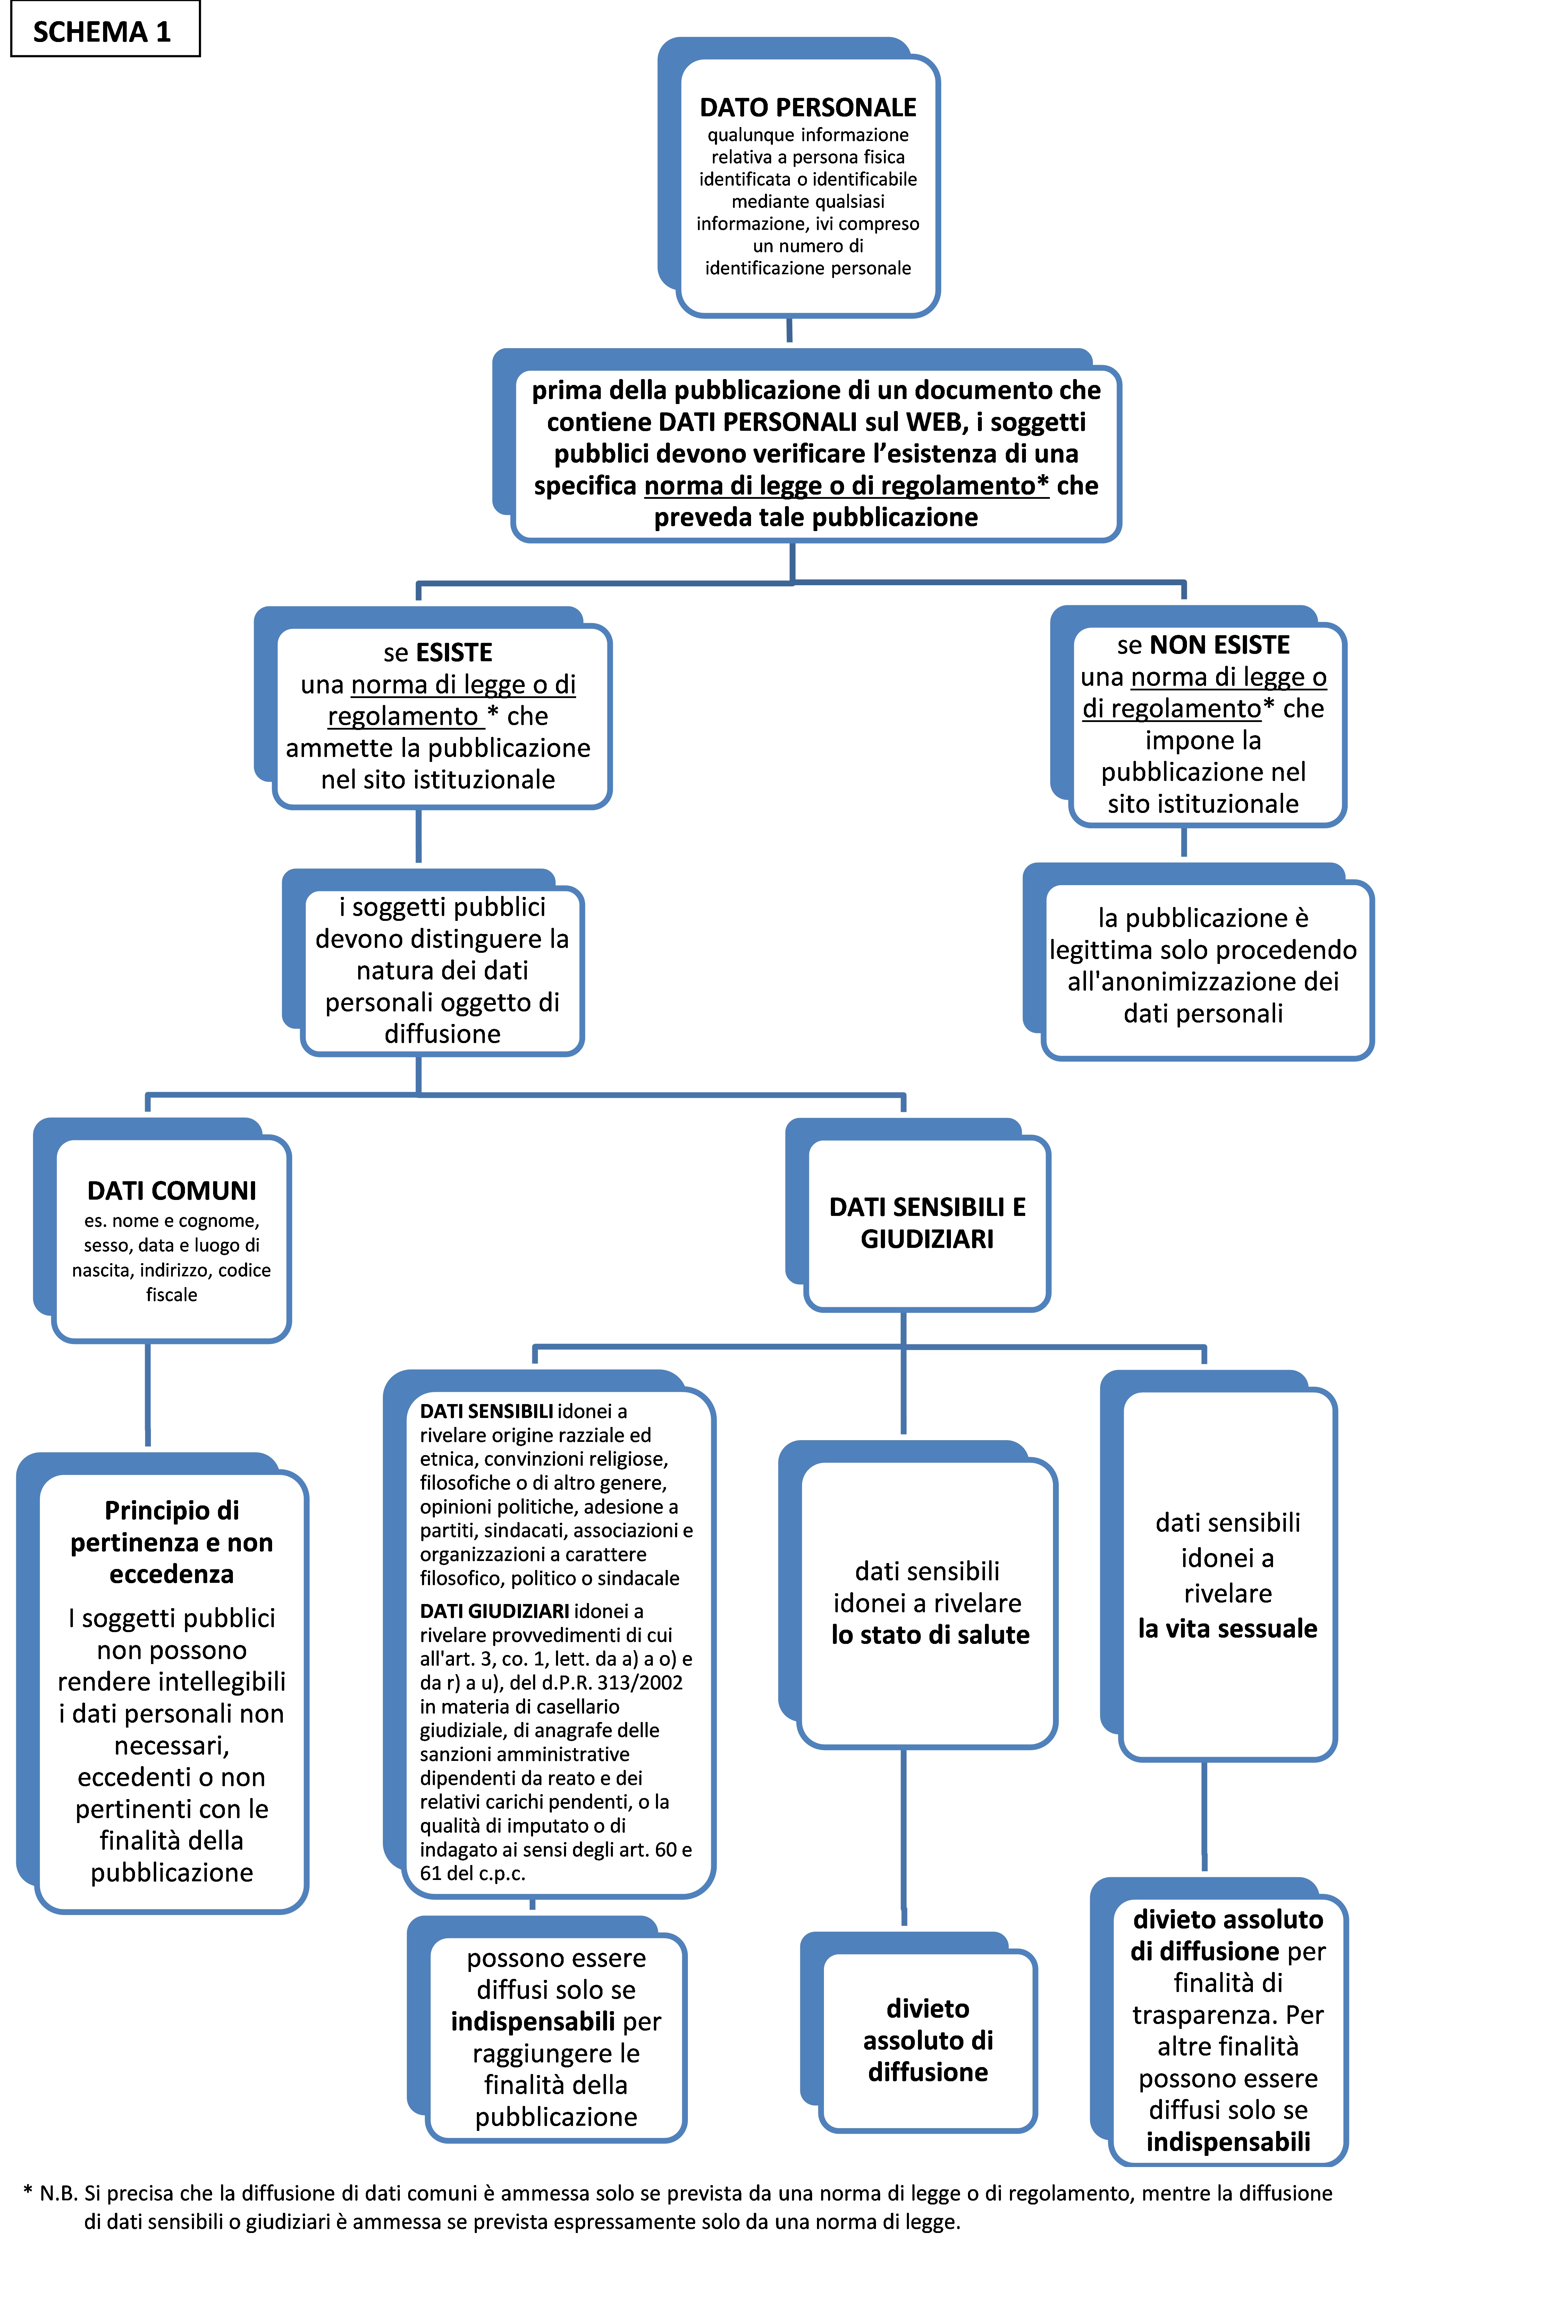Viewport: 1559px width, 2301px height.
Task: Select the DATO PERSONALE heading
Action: [x=808, y=107]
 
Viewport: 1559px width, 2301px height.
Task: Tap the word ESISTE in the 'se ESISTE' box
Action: [x=454, y=653]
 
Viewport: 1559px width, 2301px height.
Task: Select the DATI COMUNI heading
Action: [x=171, y=1190]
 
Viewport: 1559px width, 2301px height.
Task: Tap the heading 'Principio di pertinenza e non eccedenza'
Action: [x=171, y=1542]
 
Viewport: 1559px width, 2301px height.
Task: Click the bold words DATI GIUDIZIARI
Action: [x=494, y=1611]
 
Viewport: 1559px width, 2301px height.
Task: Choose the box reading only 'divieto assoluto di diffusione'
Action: [x=927, y=2040]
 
